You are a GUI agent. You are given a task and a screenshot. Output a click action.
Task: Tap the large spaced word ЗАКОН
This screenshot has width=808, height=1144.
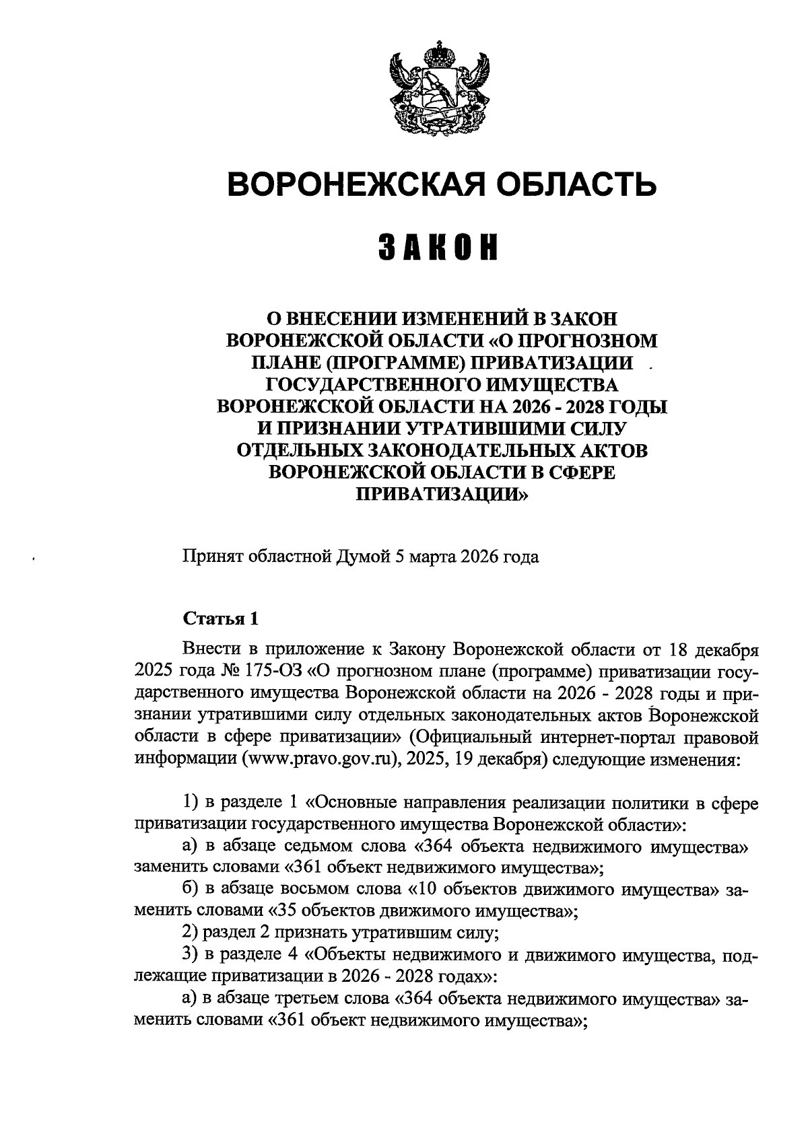440,248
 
